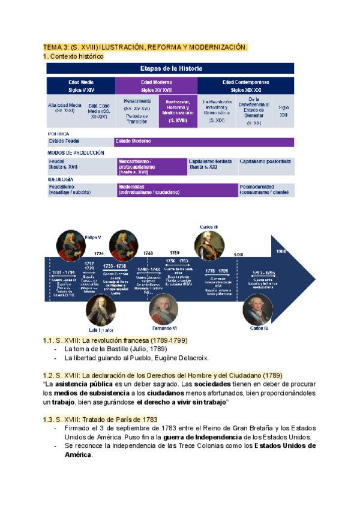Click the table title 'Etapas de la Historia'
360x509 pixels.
click(x=170, y=68)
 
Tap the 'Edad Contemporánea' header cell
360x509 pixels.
click(x=245, y=85)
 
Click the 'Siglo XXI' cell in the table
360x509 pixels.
click(x=284, y=111)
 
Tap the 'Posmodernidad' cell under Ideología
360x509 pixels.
click(x=266, y=189)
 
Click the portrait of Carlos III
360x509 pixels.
click(x=208, y=245)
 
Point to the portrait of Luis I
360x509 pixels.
click(x=100, y=310)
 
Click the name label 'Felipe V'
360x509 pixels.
click(x=93, y=237)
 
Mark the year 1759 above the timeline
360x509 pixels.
click(x=175, y=253)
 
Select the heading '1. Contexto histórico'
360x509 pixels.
click(x=73, y=56)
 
